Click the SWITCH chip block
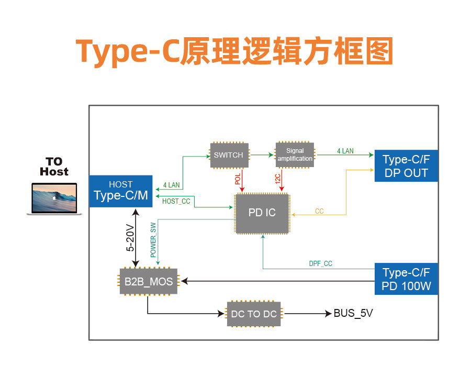pyautogui.click(x=229, y=155)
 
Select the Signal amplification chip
pyautogui.click(x=295, y=155)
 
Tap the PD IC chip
pyautogui.click(x=262, y=213)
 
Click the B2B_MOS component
pyautogui.click(x=149, y=281)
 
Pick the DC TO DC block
pyautogui.click(x=254, y=314)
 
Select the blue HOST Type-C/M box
pyautogui.click(x=121, y=191)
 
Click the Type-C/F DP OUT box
pyautogui.click(x=406, y=166)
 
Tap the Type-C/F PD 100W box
pyautogui.click(x=406, y=279)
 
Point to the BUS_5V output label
pyautogui.click(x=353, y=313)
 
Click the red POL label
pyautogui.click(x=238, y=179)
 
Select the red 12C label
pyautogui.click(x=277, y=179)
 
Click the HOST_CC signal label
pyautogui.click(x=176, y=201)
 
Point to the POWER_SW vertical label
pyautogui.click(x=153, y=240)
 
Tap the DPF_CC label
pyautogui.click(x=320, y=263)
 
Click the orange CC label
pyautogui.click(x=319, y=211)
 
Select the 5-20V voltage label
pyautogui.click(x=130, y=237)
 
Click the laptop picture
pyautogui.click(x=54, y=198)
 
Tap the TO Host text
pyautogui.click(x=54, y=167)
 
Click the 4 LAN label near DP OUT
pyautogui.click(x=345, y=151)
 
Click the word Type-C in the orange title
pyautogui.click(x=128, y=51)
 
